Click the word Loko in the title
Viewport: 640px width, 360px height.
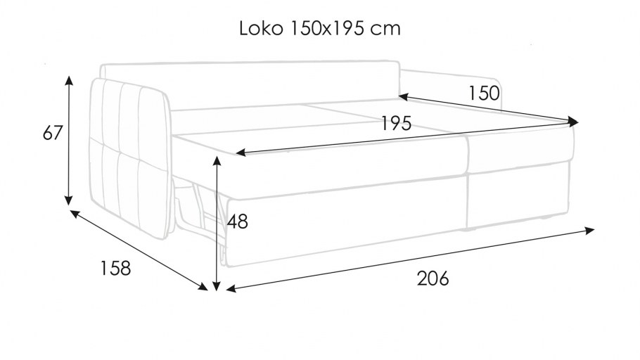point(261,29)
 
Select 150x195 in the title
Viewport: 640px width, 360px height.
point(327,29)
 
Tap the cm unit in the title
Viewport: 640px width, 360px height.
point(385,30)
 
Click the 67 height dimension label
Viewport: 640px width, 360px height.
point(53,133)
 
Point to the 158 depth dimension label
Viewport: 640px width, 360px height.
point(115,268)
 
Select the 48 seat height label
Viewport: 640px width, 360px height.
point(238,221)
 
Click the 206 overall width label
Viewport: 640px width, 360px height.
point(433,278)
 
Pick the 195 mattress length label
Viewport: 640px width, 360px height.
point(397,123)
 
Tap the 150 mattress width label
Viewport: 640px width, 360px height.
point(484,93)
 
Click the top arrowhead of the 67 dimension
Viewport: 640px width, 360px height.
point(69,79)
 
